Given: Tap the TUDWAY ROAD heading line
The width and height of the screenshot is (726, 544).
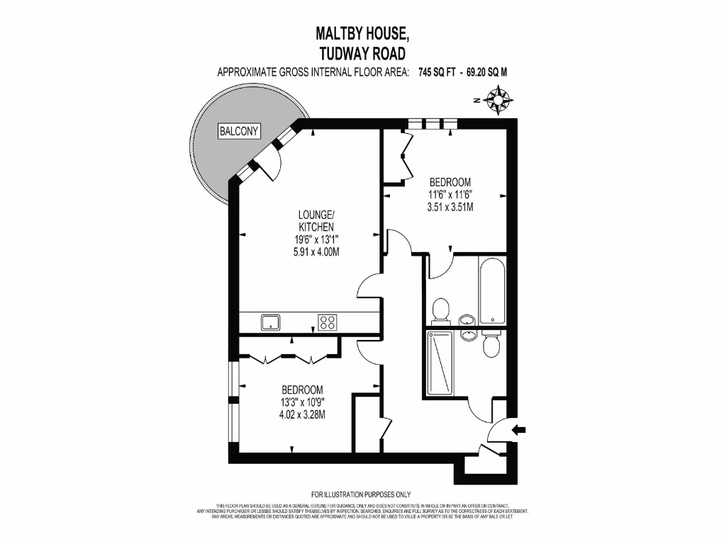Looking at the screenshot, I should pos(362,52).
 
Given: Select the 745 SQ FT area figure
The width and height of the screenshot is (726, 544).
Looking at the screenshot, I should pos(437,72).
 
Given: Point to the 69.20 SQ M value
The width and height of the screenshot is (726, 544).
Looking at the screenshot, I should pos(487,72).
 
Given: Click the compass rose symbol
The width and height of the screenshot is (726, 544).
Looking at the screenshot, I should pos(502,100).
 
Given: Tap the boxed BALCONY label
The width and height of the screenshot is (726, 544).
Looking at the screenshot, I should pos(239,131).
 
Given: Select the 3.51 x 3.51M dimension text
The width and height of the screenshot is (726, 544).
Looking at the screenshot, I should pos(450,207).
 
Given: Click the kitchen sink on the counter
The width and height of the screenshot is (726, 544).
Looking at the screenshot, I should pos(270,322).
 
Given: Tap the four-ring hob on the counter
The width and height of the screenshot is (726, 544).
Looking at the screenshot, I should pos(328,322).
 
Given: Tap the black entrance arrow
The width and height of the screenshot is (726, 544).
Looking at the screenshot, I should pos(518,429).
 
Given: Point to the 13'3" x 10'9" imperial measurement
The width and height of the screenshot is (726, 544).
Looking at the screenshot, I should pos(302,402).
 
